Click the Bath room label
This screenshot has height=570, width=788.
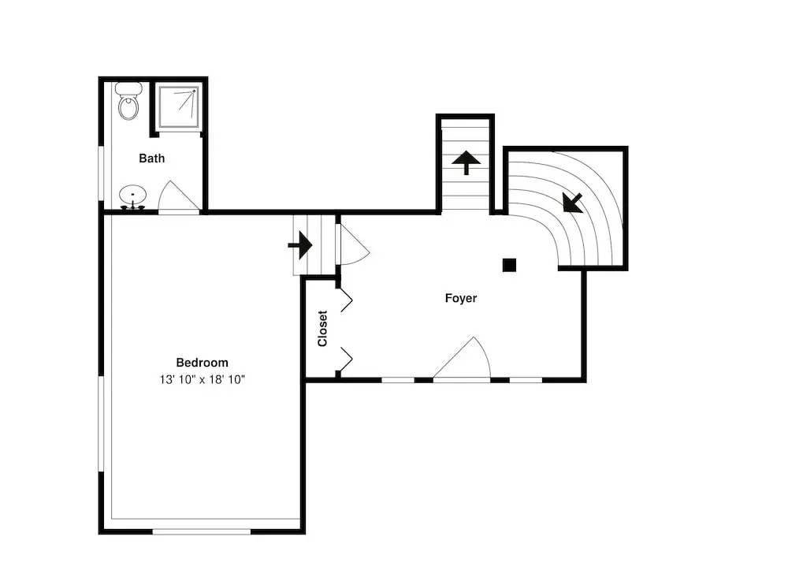point(152,158)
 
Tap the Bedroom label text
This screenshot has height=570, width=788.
point(202,363)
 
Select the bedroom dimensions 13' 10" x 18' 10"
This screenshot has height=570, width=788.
point(202,379)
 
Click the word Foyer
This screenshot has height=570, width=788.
point(461,298)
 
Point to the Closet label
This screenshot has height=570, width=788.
point(322,328)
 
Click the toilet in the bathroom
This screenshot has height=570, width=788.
point(129,102)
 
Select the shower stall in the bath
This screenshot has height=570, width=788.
point(178,107)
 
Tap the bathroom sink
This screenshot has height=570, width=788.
point(132,196)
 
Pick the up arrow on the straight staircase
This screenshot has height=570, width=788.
point(466,162)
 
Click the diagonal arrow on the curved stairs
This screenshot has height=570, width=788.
point(572,203)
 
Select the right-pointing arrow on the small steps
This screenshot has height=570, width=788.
point(300,244)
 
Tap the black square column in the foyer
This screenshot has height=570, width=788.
point(510,265)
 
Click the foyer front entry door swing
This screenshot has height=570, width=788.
point(461,358)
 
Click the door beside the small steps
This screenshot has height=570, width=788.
point(353,244)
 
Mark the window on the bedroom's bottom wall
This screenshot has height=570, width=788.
point(202,531)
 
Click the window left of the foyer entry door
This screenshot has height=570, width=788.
point(398,380)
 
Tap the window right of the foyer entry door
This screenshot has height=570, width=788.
point(526,380)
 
